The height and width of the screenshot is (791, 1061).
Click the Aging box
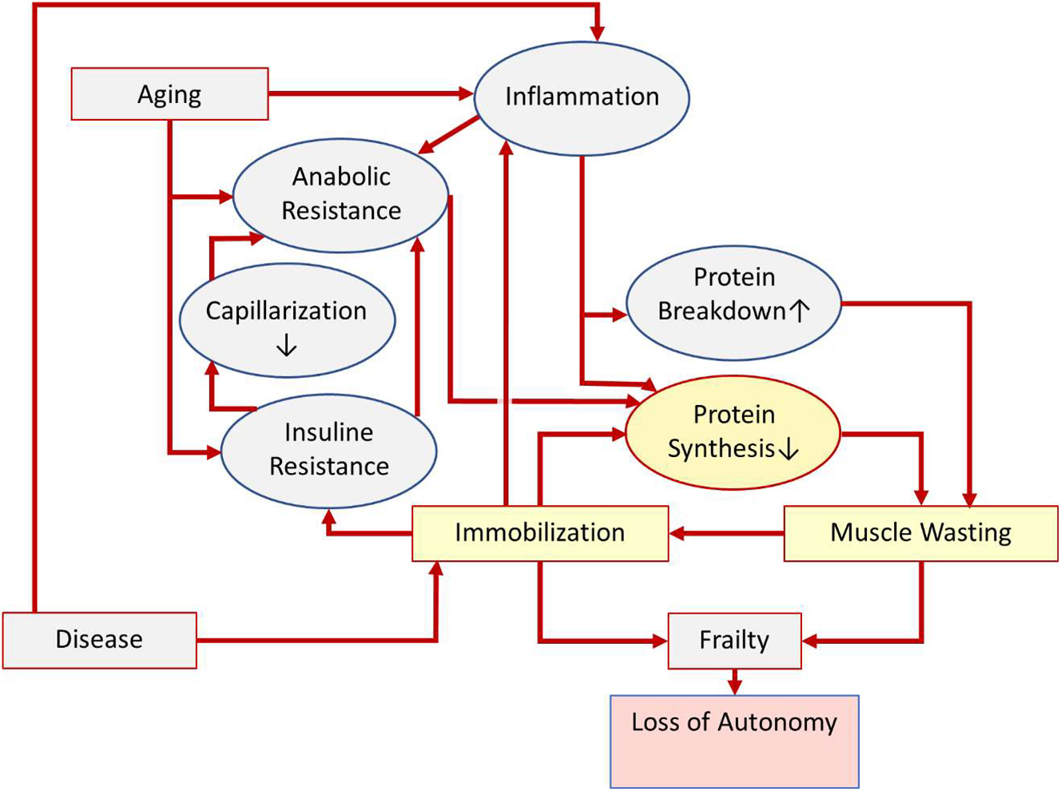pos(169,94)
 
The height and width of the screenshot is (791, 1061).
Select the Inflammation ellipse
pos(582,97)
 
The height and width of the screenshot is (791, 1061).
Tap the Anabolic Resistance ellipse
pos(340,194)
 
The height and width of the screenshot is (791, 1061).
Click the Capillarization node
pos(287,320)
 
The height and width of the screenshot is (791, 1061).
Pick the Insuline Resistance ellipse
pos(328,450)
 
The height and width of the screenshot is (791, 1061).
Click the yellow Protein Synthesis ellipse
pos(733,431)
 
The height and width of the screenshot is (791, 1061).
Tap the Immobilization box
pos(540,533)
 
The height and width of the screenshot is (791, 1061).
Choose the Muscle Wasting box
pos(920,533)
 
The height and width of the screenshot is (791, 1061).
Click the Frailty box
pos(734,640)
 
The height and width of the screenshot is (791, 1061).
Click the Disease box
pos(99,639)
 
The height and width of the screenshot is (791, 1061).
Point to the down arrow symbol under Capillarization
pos(286,345)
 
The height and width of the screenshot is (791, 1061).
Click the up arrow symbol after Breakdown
pos(800,310)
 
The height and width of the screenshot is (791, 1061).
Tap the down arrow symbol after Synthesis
pos(789,449)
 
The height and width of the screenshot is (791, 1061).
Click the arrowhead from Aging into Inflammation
pos(466,93)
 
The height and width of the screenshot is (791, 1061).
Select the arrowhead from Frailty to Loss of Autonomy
pos(735,686)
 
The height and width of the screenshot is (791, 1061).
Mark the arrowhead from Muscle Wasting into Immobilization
pos(678,533)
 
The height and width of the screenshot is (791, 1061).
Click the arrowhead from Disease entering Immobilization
pos(436,569)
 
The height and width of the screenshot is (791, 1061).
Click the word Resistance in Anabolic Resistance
pos(341,211)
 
